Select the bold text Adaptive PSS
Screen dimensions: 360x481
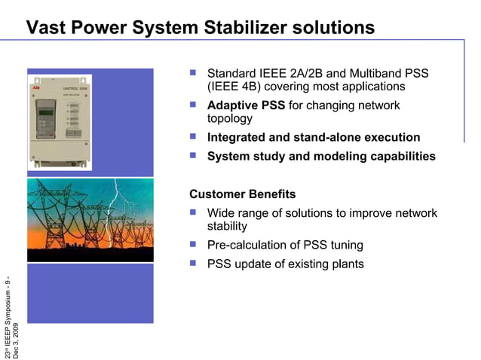click(x=246, y=105)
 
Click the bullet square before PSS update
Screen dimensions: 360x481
click(x=193, y=263)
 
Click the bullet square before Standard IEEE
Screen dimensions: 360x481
click(x=193, y=74)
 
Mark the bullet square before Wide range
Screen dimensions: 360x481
click(x=193, y=213)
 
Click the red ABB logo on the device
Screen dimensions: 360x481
click(x=38, y=87)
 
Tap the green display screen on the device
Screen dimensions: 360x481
click(x=47, y=113)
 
